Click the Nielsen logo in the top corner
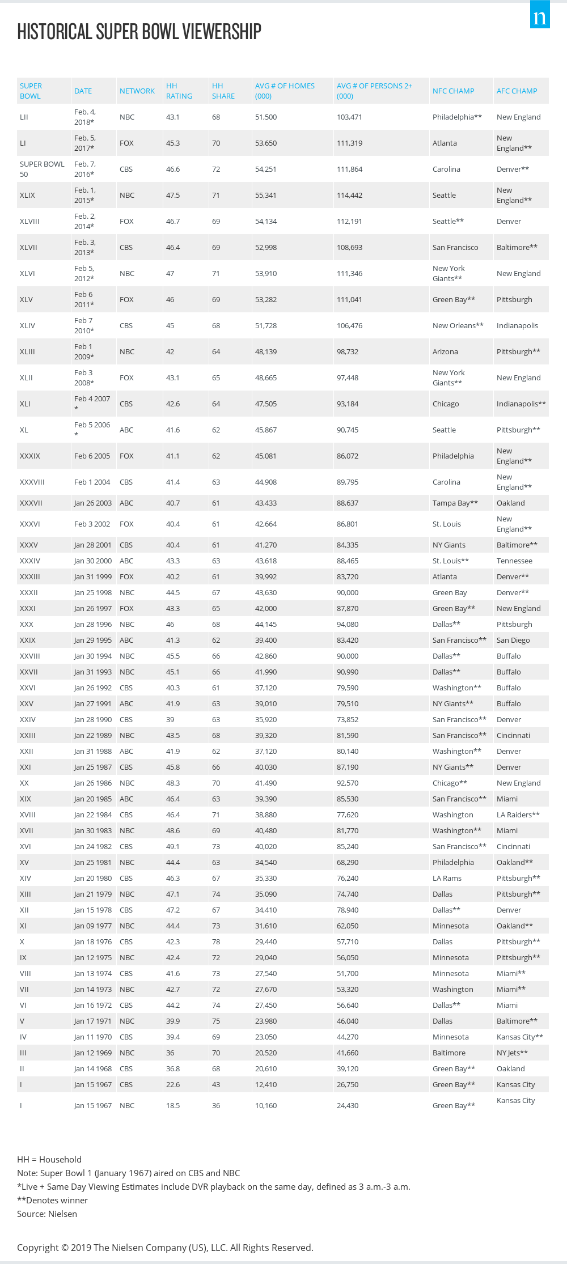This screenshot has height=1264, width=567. coord(540,15)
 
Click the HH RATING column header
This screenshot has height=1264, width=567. coord(179,91)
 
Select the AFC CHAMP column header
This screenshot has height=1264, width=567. coord(517,91)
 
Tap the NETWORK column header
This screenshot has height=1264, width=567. coord(137,91)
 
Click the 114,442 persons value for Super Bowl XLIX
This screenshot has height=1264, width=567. coord(349,195)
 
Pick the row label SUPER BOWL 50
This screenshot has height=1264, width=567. coord(42,169)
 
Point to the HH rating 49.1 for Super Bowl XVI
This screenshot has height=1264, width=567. coord(172,846)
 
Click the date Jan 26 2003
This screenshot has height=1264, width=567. coord(92,503)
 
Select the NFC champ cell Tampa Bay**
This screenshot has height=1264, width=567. coord(455,503)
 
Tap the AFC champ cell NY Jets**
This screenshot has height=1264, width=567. coord(512,1053)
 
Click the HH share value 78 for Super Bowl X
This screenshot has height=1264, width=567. coord(216,941)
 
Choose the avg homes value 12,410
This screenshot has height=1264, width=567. coord(265,1084)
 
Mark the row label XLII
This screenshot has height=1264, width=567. coord(26,377)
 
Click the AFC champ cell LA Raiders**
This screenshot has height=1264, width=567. coord(518,815)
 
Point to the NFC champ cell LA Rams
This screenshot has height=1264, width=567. coord(447,878)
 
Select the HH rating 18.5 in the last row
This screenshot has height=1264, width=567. coord(172,1105)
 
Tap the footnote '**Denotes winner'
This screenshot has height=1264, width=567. coord(52,1200)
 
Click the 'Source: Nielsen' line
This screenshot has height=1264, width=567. coord(47,1214)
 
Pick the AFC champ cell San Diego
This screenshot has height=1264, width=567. coord(513,640)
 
